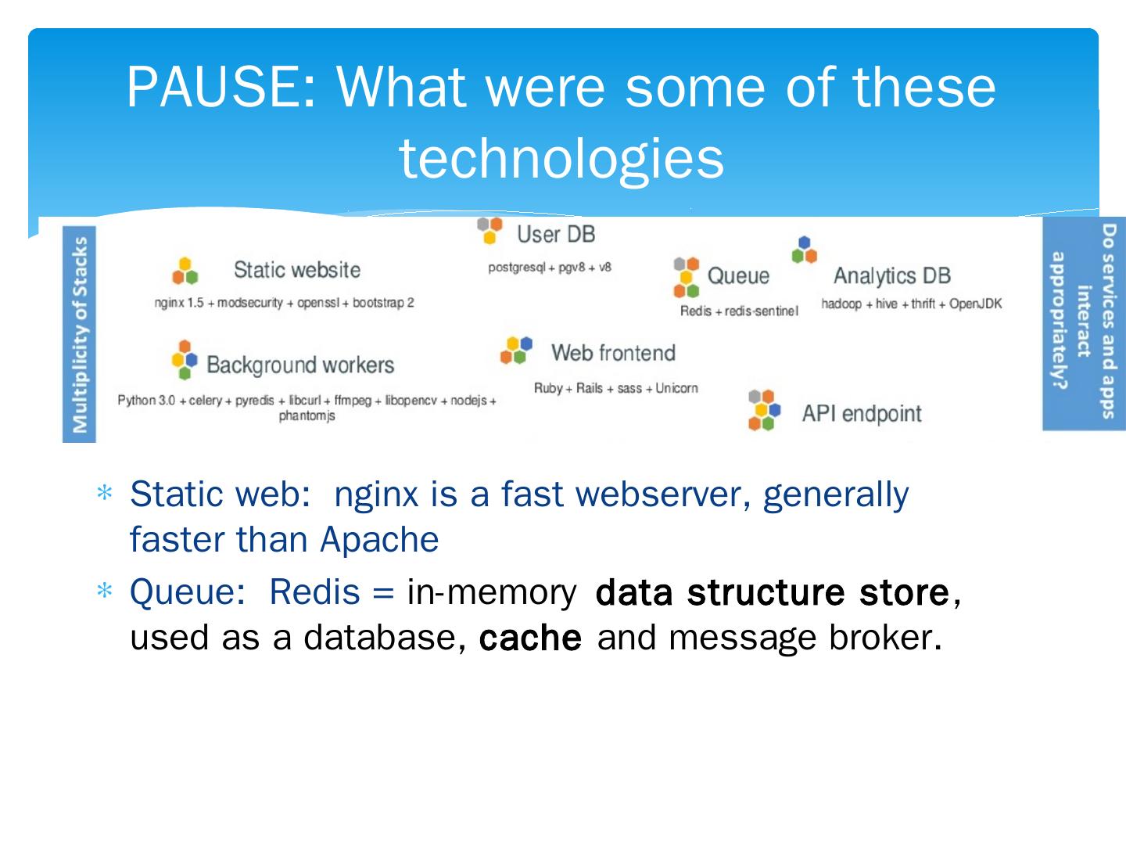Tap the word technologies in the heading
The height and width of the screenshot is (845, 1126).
click(x=561, y=159)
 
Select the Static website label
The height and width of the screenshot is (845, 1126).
click(x=296, y=270)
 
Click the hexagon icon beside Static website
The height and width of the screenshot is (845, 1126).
click(x=185, y=271)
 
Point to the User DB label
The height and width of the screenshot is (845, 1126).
click(x=555, y=234)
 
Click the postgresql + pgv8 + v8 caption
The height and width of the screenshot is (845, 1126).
click(x=549, y=268)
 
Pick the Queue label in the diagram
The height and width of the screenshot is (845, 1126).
click(x=737, y=275)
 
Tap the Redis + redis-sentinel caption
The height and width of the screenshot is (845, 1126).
click(x=738, y=311)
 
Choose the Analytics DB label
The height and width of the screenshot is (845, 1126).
click(x=891, y=275)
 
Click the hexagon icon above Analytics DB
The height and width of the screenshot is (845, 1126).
click(x=804, y=250)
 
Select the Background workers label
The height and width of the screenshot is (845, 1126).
click(x=300, y=365)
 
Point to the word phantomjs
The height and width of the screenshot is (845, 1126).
click(x=307, y=415)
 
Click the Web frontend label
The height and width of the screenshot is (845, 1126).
click(x=612, y=353)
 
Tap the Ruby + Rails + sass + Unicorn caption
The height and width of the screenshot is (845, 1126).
click(x=615, y=388)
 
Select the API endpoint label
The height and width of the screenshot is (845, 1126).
click(x=861, y=413)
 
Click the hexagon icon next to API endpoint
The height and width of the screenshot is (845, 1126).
click(x=763, y=410)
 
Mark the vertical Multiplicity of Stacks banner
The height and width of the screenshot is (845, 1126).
click(x=80, y=334)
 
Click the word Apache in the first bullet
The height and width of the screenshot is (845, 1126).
click(x=379, y=539)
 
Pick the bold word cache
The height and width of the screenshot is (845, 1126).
click(x=530, y=638)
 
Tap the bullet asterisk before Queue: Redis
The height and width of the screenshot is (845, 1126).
click(x=104, y=592)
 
